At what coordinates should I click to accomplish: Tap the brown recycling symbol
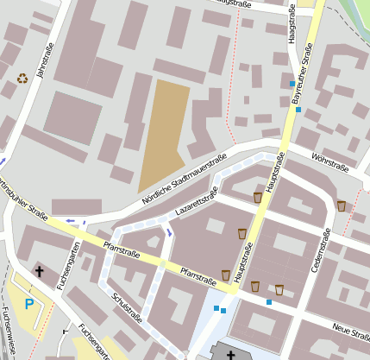pos(22,78)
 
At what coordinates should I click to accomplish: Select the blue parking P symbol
pos(30,304)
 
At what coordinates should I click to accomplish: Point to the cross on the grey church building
pos(229,353)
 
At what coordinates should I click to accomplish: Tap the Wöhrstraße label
pos(330,161)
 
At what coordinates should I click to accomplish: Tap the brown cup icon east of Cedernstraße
pos(342,205)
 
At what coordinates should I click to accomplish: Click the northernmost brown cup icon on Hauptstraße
pos(258,198)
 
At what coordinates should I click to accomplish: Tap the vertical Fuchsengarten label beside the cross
pos(74,265)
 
